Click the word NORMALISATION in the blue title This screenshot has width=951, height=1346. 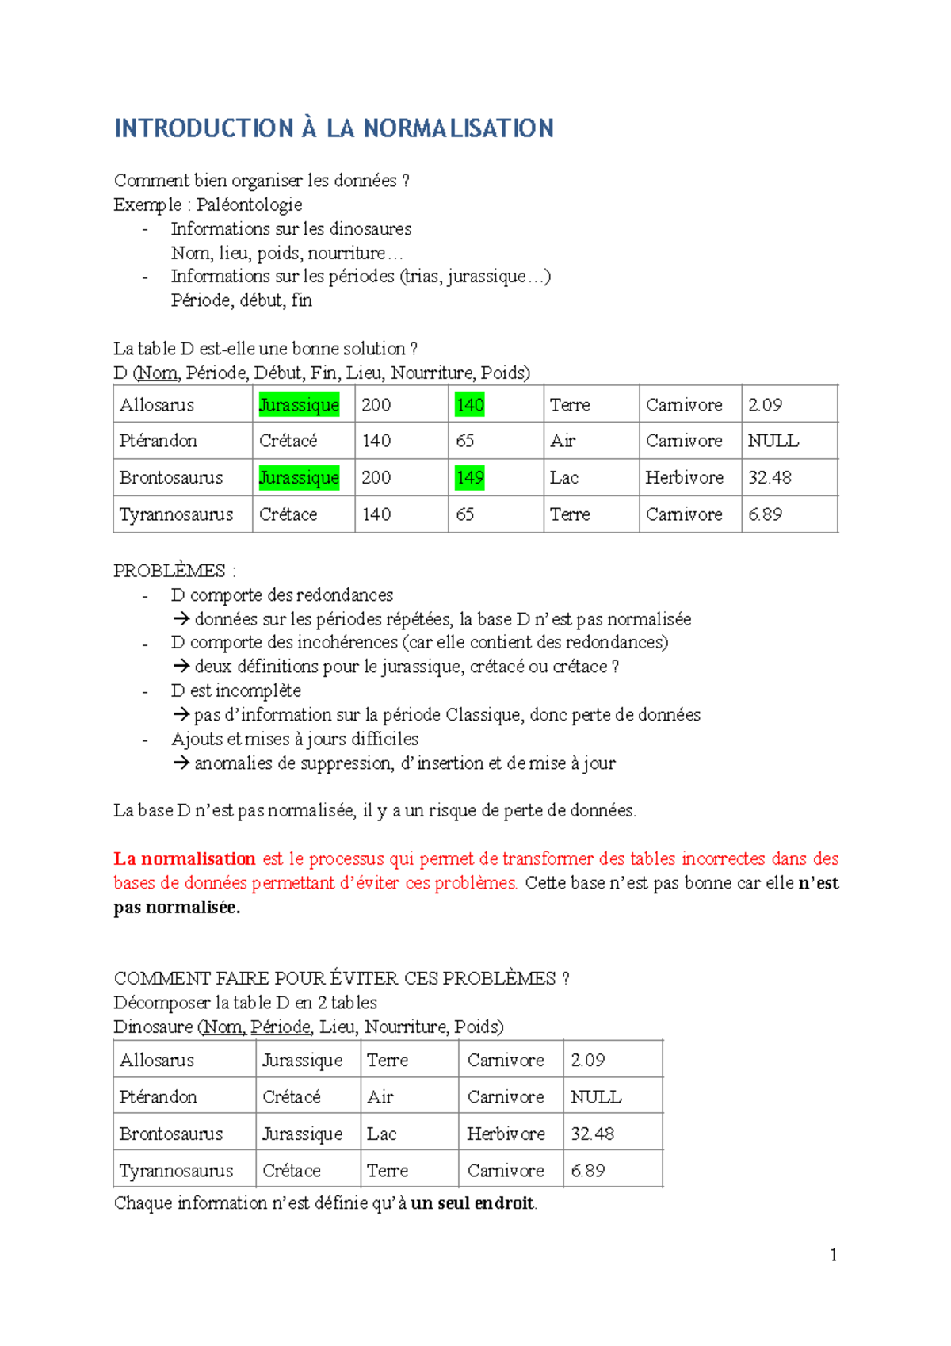coord(458,128)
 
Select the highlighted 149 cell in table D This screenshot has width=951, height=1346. coord(470,478)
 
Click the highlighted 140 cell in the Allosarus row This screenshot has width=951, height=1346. coord(470,405)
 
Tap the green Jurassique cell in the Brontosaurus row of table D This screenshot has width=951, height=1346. coord(299,478)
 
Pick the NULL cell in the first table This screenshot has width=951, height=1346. coord(773,441)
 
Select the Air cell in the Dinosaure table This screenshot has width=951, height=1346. coord(380,1097)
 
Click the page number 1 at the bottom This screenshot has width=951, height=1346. coord(833,1254)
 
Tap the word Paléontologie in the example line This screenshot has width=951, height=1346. coord(249,205)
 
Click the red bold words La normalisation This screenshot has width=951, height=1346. coord(184,858)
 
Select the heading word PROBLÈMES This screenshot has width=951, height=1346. coord(170,571)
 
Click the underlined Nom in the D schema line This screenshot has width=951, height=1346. coord(158,373)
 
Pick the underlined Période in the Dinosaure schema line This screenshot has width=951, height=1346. coord(281,1027)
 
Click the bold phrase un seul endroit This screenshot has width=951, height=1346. coord(472,1203)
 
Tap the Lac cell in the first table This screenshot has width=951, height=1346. coord(564,478)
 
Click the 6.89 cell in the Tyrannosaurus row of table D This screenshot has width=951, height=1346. coord(765,514)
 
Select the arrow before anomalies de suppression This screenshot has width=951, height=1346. coord(181,763)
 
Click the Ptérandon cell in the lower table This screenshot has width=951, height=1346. coord(158,1097)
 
